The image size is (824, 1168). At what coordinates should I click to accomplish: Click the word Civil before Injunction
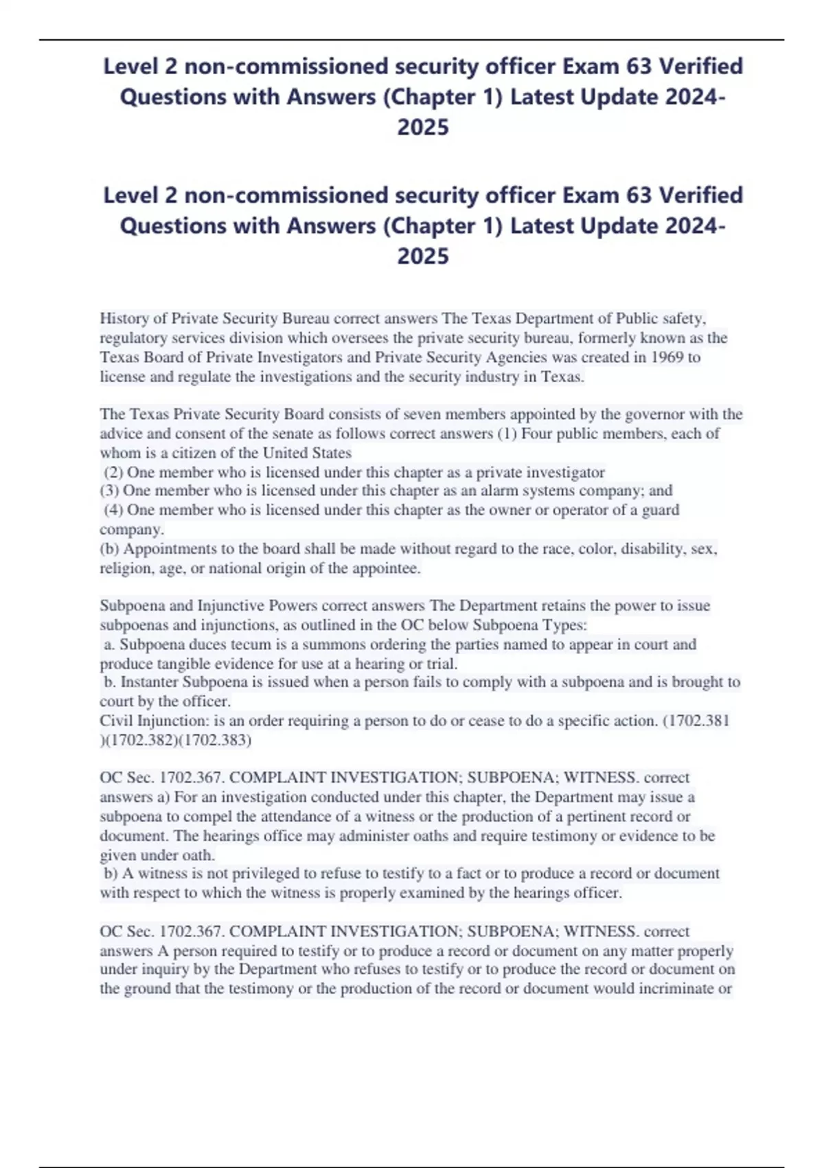coord(117,721)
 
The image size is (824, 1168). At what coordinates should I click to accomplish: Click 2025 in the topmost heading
coord(423,127)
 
